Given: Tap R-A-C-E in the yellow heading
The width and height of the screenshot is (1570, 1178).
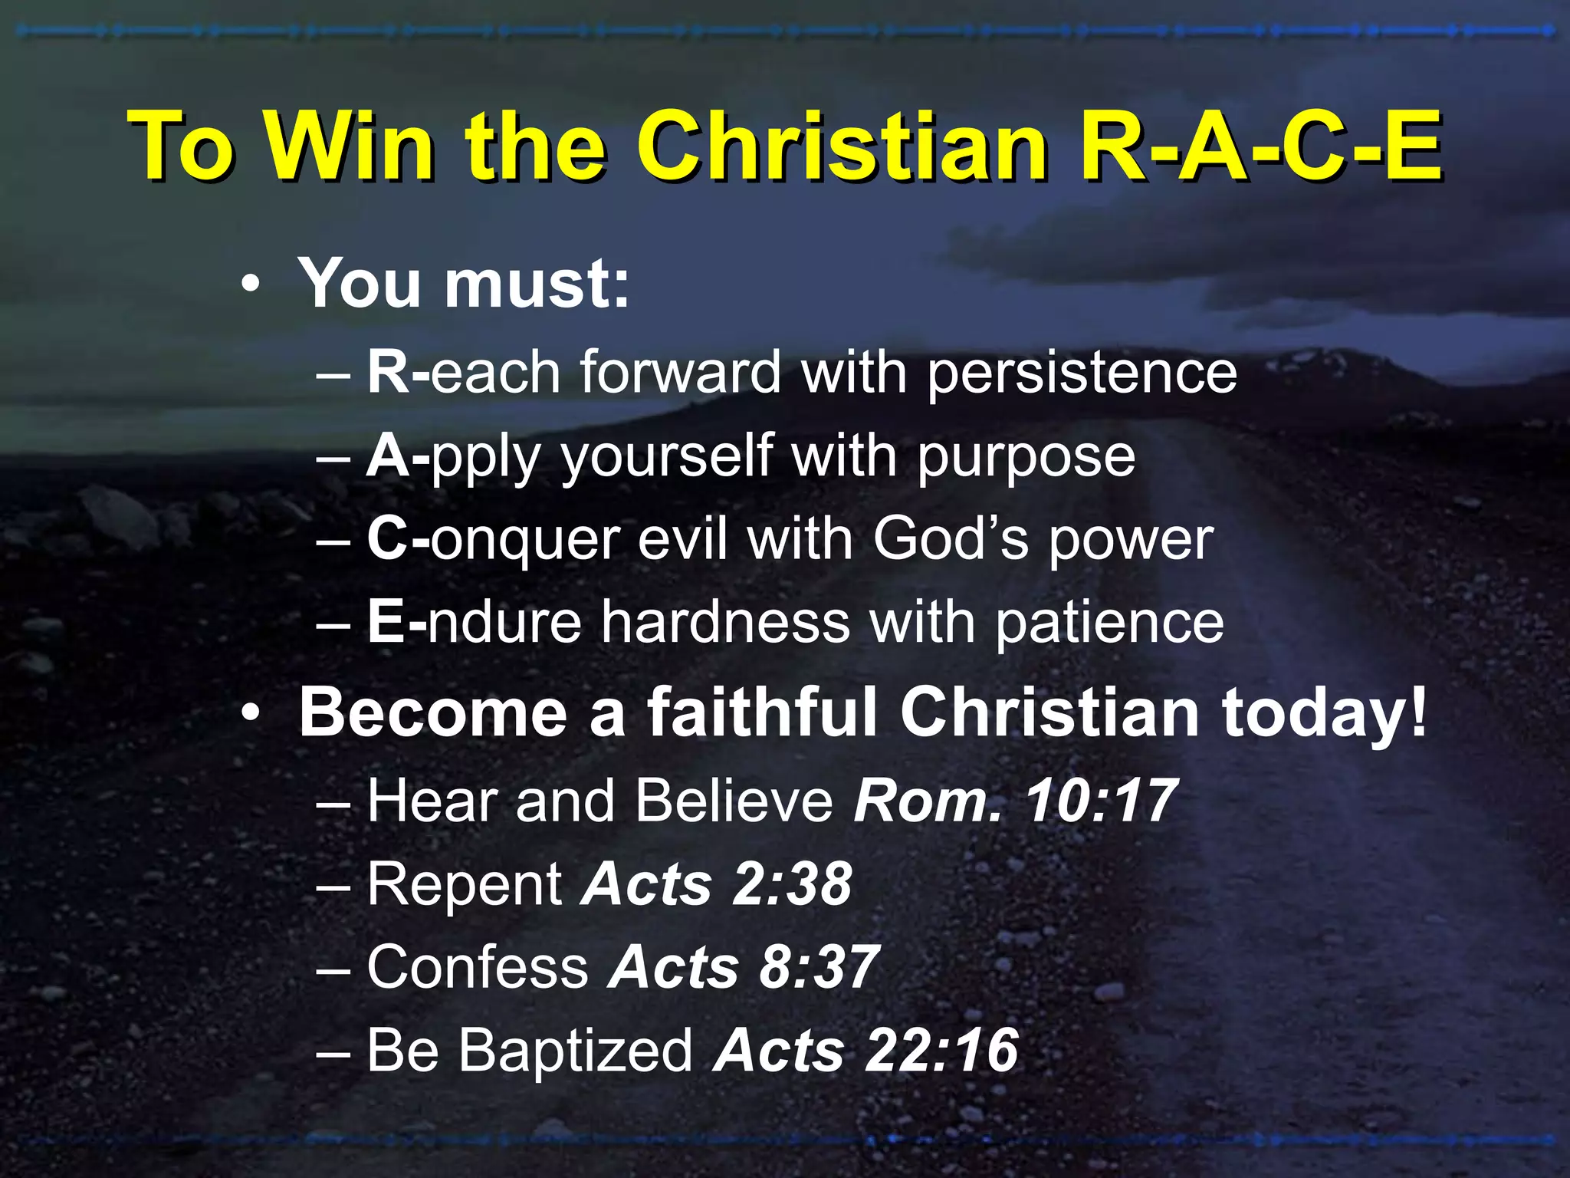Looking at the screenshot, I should coord(1260,145).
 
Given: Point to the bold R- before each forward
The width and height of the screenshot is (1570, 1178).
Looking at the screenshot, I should coord(397,372).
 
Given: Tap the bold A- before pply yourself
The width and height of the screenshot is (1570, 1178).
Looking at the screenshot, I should coord(396,456).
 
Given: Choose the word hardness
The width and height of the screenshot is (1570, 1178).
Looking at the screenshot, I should coord(725,622).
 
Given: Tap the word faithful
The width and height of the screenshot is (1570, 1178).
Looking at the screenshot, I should coord(763,712).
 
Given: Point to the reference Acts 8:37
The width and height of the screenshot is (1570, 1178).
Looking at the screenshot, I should coord(743,967).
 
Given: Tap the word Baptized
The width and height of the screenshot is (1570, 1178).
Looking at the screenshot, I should coord(575,1051).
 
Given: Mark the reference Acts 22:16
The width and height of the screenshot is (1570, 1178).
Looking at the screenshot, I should coord(865,1050).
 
